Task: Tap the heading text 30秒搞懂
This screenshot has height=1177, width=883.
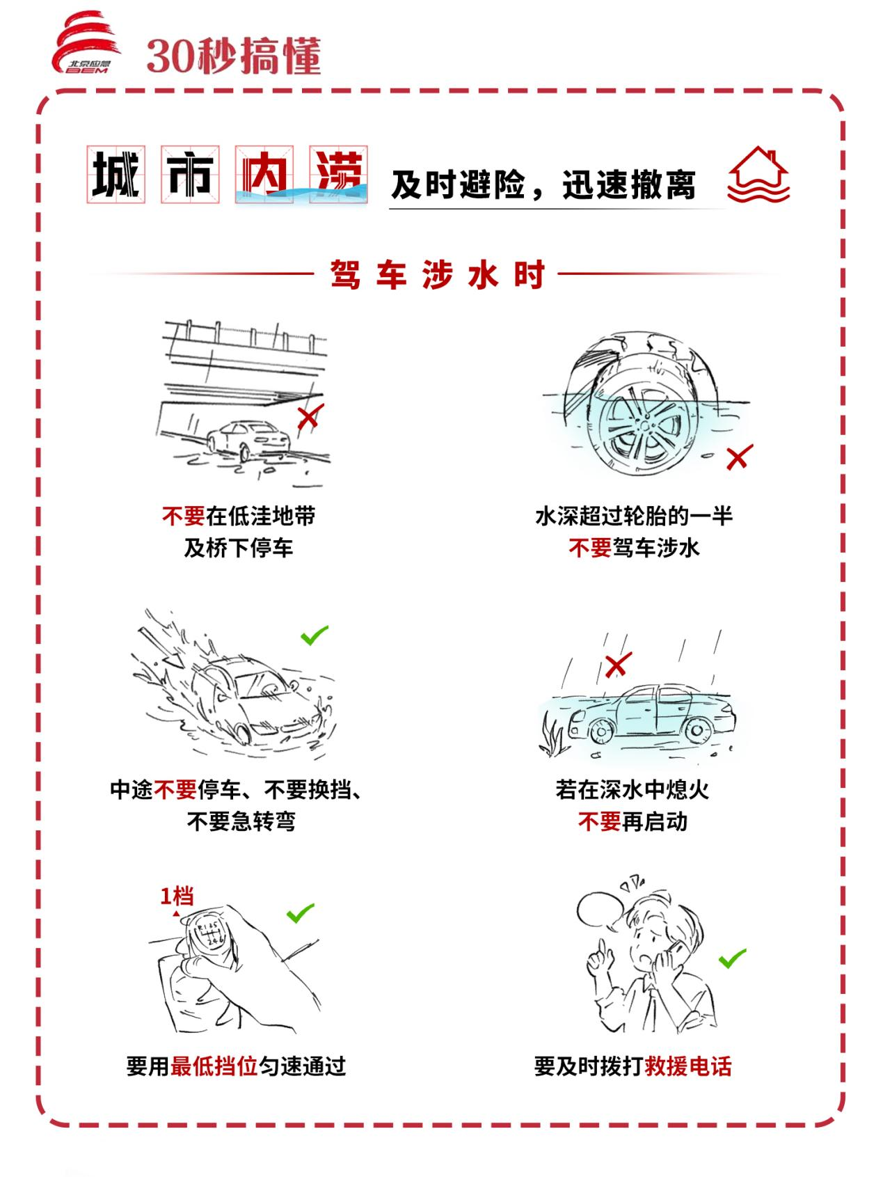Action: [234, 56]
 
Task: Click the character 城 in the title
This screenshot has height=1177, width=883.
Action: [116, 174]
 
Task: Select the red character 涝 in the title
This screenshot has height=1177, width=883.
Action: [338, 174]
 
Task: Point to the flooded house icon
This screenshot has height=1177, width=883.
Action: [758, 175]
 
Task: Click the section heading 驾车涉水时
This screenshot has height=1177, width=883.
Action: [438, 275]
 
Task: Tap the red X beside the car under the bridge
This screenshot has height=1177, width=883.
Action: [308, 417]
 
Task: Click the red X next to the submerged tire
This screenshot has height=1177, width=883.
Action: [738, 457]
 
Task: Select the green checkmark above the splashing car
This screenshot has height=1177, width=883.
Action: [314, 635]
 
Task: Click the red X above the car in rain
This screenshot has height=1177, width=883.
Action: [616, 665]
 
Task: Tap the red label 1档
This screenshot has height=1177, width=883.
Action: [177, 896]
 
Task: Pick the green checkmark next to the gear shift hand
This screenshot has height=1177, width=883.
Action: [301, 913]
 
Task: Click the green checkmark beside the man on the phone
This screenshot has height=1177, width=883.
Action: [732, 958]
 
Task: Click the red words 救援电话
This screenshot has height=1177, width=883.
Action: [688, 1066]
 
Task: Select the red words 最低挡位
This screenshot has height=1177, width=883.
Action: [214, 1066]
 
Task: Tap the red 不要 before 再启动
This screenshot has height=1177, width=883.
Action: [598, 822]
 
